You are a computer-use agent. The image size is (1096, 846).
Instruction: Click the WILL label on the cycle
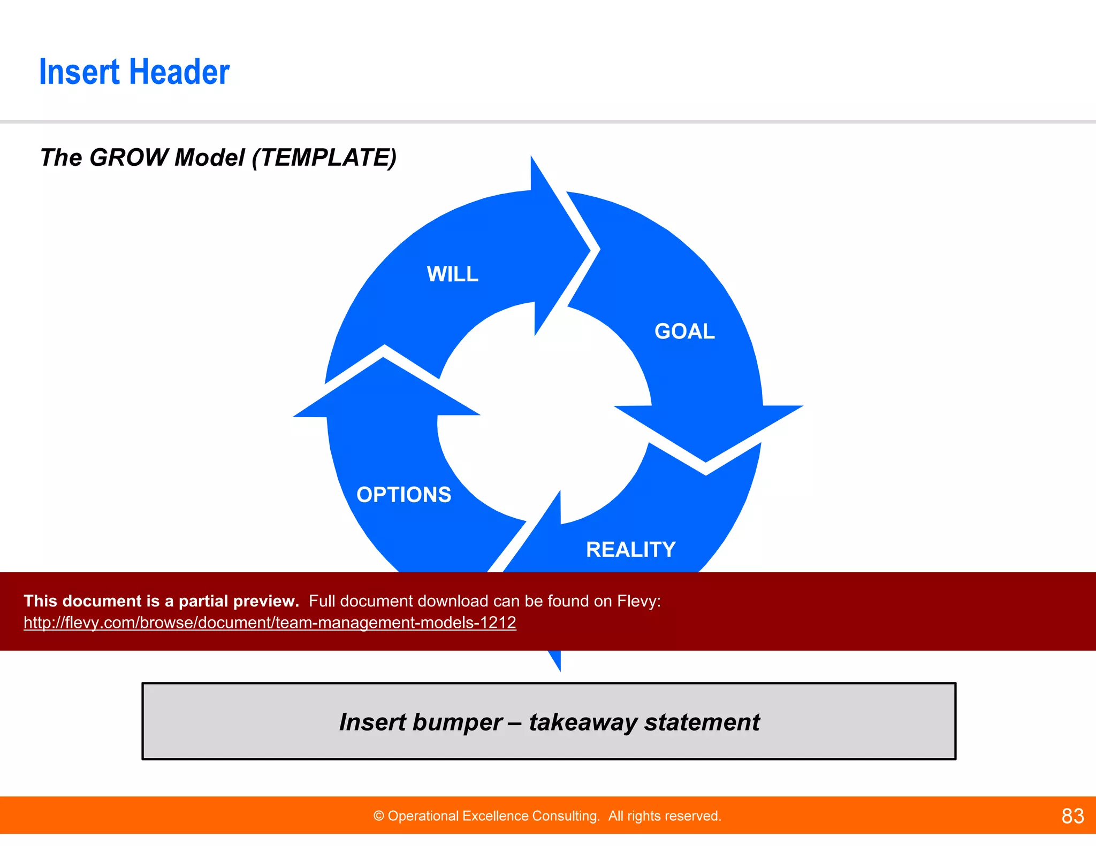(x=452, y=274)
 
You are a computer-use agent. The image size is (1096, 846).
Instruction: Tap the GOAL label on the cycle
(x=684, y=332)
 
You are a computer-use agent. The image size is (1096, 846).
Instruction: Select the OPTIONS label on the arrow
(x=404, y=495)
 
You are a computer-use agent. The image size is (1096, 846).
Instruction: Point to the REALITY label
(x=630, y=550)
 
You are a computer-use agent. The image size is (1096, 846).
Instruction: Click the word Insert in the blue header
(x=79, y=72)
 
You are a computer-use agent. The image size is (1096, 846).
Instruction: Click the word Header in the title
(x=179, y=72)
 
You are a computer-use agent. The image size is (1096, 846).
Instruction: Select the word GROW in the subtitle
(x=129, y=158)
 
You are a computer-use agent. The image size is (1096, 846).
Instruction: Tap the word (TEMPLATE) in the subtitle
(x=324, y=158)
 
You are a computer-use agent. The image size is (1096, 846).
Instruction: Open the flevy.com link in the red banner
(x=270, y=622)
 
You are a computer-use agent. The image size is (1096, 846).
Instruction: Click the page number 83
(x=1072, y=816)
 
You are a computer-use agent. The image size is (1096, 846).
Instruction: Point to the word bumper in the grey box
(x=458, y=722)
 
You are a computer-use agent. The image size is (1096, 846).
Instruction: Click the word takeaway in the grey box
(x=583, y=722)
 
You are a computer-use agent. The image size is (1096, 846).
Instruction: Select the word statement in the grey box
(x=702, y=722)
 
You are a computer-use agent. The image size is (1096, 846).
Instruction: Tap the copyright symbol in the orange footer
(x=379, y=816)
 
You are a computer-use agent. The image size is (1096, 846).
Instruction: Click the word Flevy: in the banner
(x=638, y=601)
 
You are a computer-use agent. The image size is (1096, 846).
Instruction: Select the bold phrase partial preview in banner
(x=238, y=601)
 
